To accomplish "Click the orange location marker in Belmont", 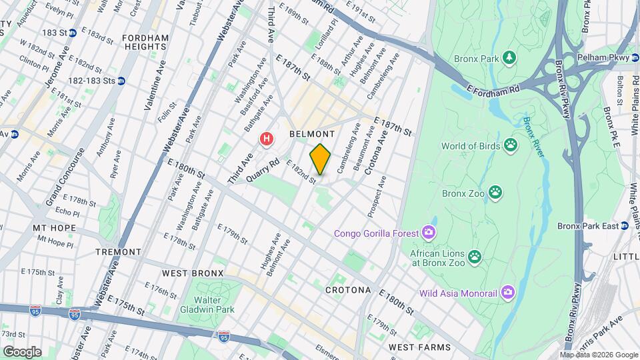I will point(320,159).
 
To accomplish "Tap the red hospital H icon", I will point(267,139).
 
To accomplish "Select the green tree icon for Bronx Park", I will point(509,59).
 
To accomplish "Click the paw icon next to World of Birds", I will point(511,145).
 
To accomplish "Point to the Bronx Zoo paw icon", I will point(495,193).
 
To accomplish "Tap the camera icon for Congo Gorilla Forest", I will point(429,233).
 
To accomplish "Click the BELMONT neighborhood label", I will point(312,134).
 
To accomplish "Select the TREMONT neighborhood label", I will point(118,252).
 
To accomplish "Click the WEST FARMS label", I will point(420,347).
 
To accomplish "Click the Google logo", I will point(22,351).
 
